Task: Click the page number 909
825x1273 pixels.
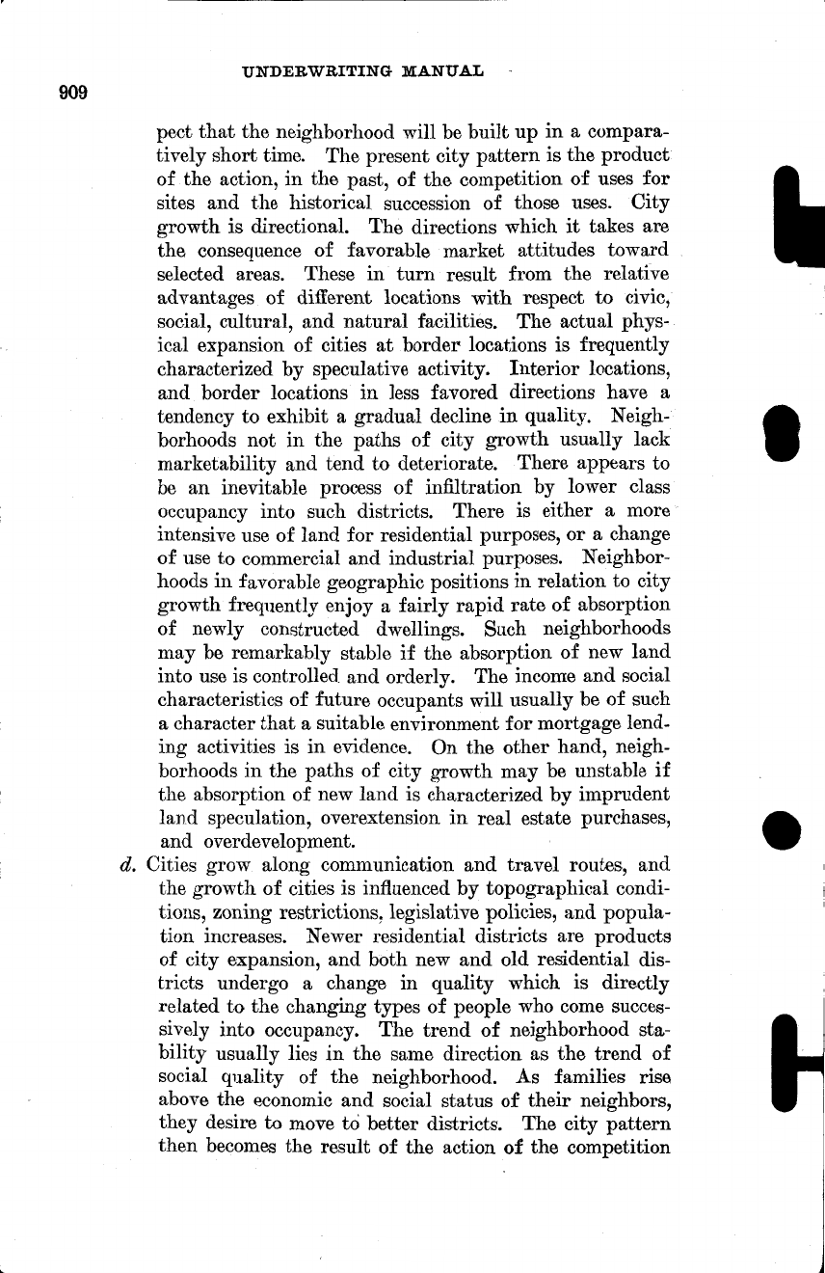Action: (73, 93)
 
